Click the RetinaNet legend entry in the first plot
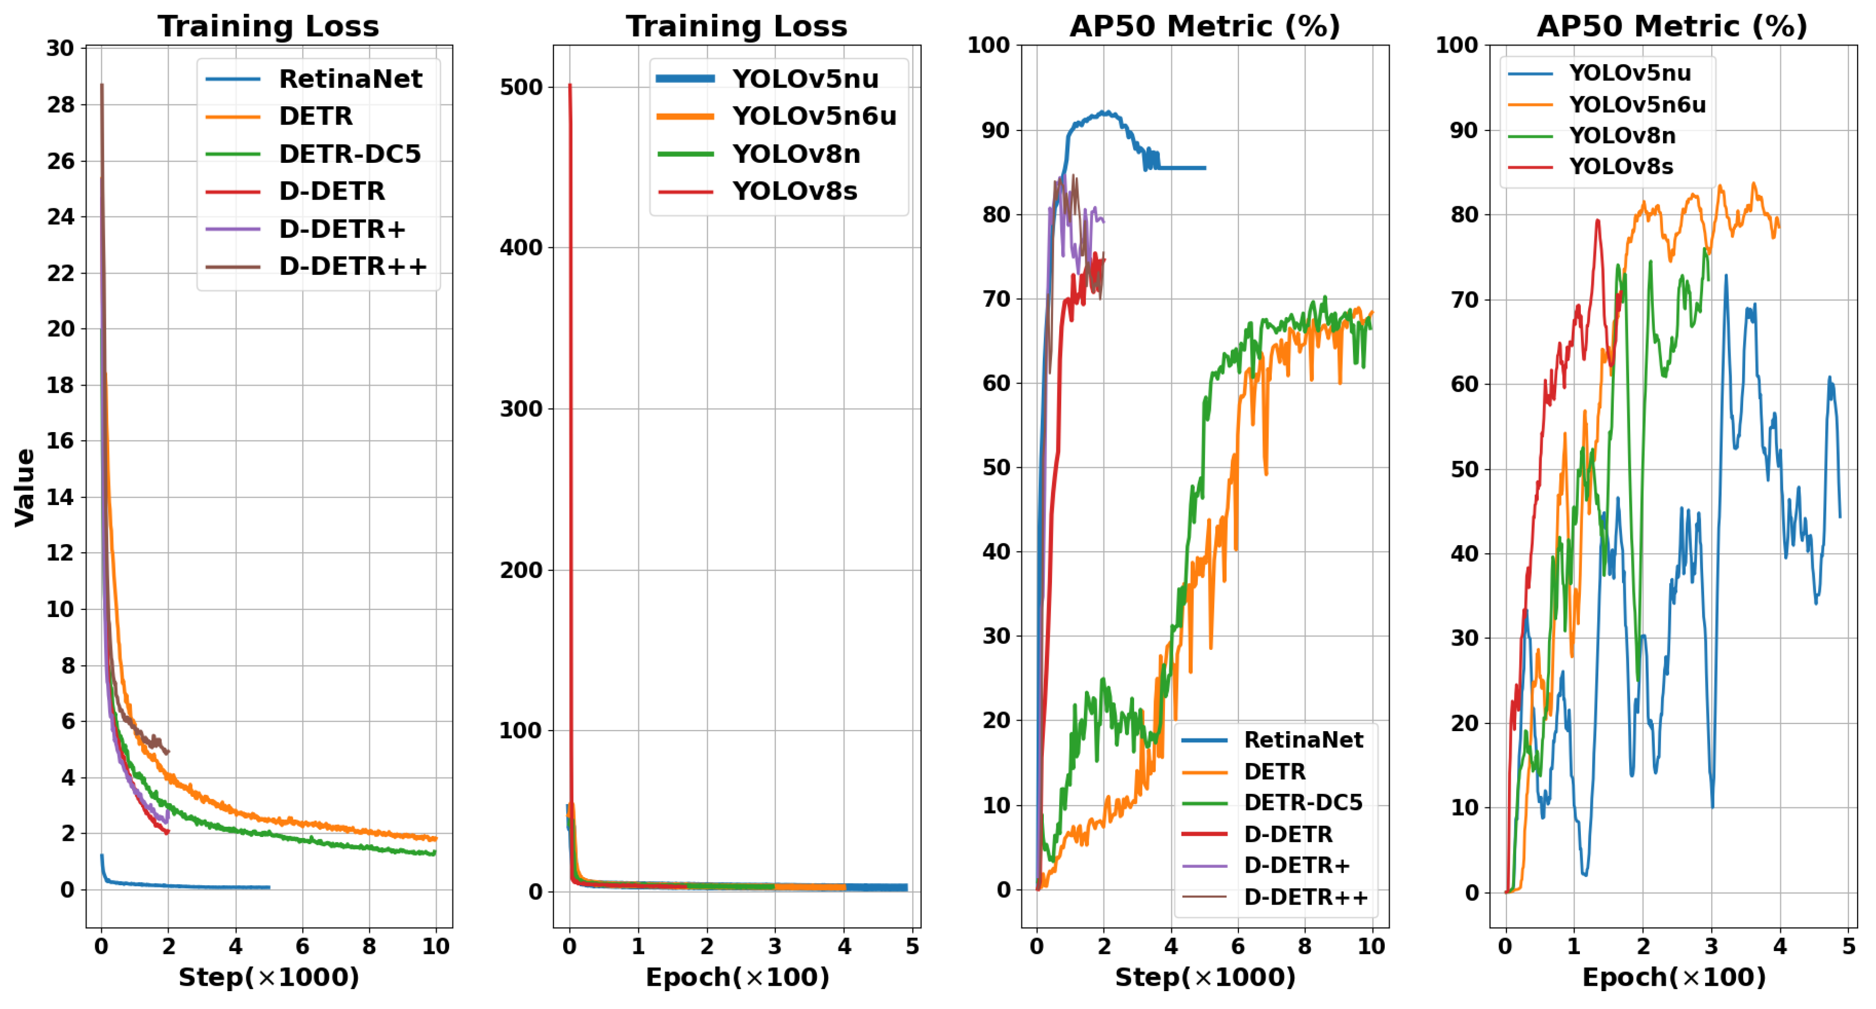pyautogui.click(x=350, y=79)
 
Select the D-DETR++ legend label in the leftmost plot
pyautogui.click(x=353, y=267)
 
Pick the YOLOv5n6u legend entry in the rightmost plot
pyautogui.click(x=1636, y=105)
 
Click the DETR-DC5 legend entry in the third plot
pyautogui.click(x=1302, y=803)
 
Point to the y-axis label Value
pyautogui.click(x=25, y=487)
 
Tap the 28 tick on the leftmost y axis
pyautogui.click(x=60, y=105)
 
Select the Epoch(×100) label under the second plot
pyautogui.click(x=737, y=977)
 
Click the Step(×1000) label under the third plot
pyautogui.click(x=1205, y=977)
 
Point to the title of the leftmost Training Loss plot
pyautogui.click(x=269, y=26)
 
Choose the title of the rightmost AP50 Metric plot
pyautogui.click(x=1672, y=26)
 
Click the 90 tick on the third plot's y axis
pyautogui.click(x=995, y=130)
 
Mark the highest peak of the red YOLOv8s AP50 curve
pyautogui.click(x=1597, y=220)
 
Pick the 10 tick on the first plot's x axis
pyautogui.click(x=436, y=946)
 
